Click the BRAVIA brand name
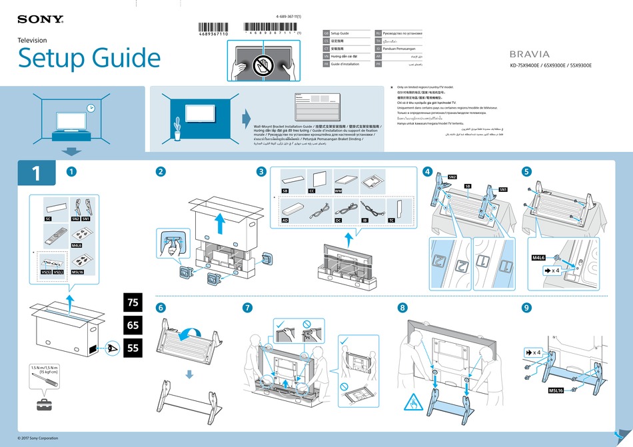[x=530, y=54]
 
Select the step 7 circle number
[x=248, y=308]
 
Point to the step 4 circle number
[x=427, y=171]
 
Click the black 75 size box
[x=133, y=302]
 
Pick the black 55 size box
[x=133, y=348]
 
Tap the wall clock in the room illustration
[x=91, y=108]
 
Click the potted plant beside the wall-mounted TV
[x=177, y=129]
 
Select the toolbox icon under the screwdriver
[x=46, y=404]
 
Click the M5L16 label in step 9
[x=556, y=390]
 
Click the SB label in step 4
[x=468, y=186]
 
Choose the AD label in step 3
[x=285, y=219]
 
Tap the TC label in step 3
[x=391, y=219]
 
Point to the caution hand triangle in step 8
[x=411, y=402]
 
